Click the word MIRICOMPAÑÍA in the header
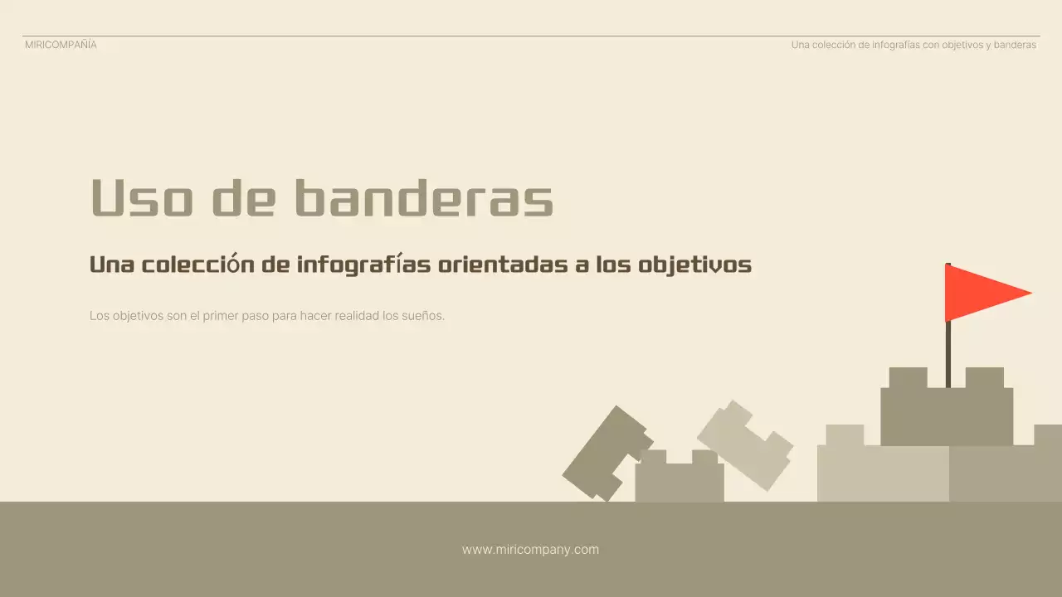pyautogui.click(x=61, y=45)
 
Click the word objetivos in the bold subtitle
pyautogui.click(x=695, y=265)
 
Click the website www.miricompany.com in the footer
pyautogui.click(x=530, y=549)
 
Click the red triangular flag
pyautogui.click(x=979, y=293)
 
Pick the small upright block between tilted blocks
pyautogui.click(x=680, y=481)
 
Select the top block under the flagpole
pyautogui.click(x=946, y=415)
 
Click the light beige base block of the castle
pyautogui.click(x=883, y=473)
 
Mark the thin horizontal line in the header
pyautogui.click(x=531, y=36)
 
